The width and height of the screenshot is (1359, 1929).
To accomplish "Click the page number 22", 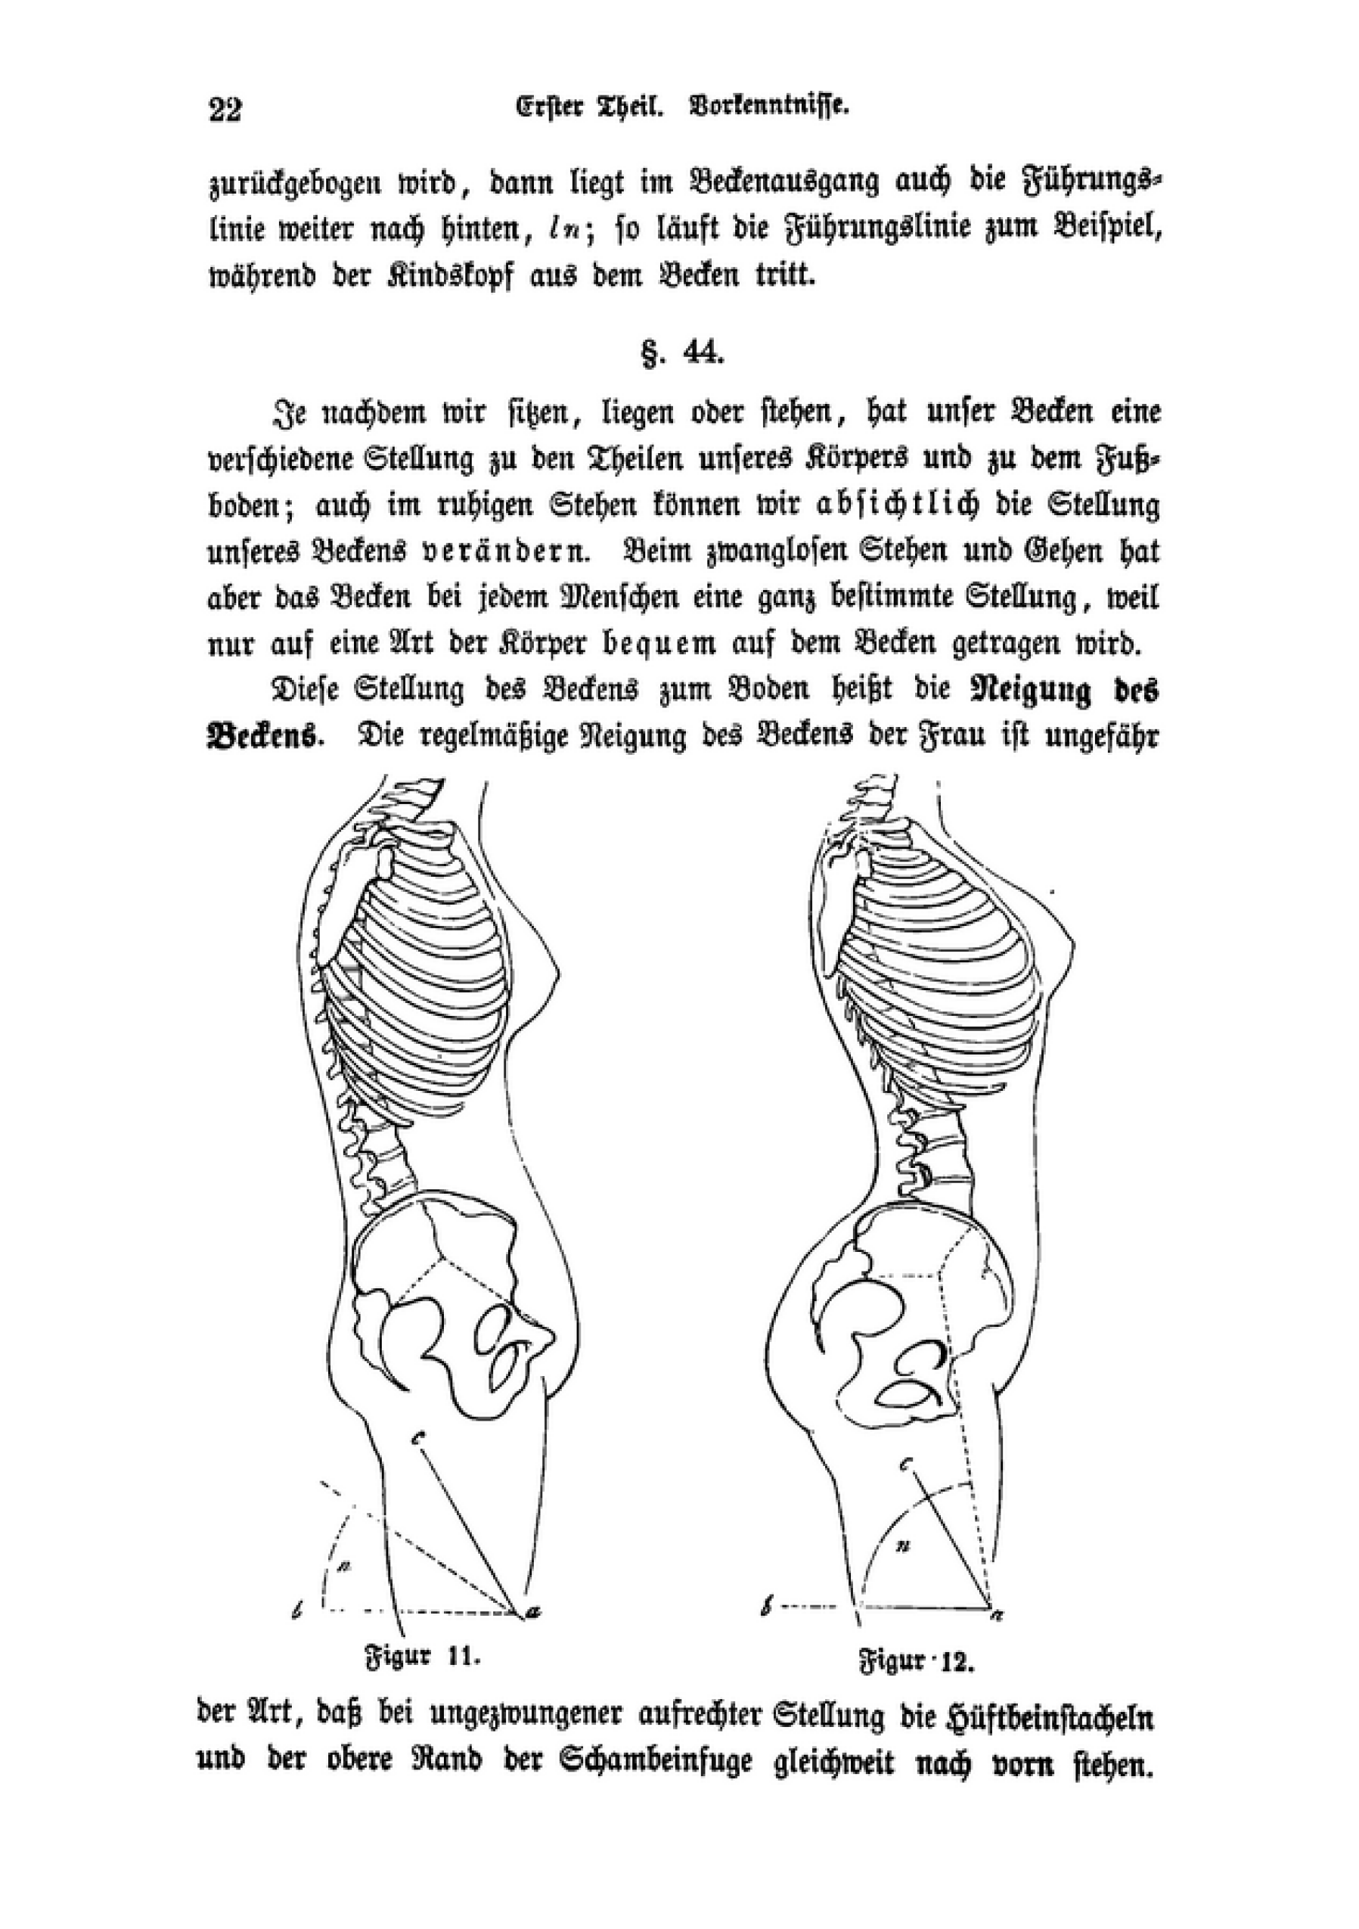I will tap(225, 110).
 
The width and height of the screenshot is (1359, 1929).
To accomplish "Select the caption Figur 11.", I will tap(422, 1657).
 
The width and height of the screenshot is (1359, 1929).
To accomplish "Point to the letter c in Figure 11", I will tap(417, 1437).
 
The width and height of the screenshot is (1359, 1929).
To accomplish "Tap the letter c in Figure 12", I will tap(906, 1465).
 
